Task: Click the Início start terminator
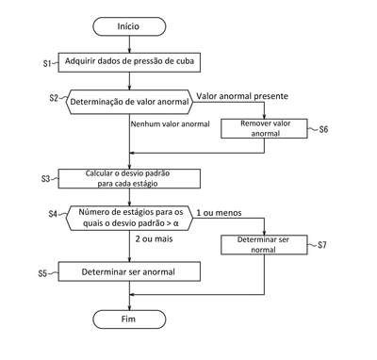point(129,26)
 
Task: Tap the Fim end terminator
point(129,319)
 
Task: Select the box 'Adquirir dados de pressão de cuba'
point(129,62)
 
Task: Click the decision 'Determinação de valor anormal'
point(129,102)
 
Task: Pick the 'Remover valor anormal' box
point(264,128)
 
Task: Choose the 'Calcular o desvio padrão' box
point(129,179)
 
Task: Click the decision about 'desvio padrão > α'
point(129,218)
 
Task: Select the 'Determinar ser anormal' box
point(129,271)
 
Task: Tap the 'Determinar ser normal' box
point(264,245)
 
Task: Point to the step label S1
point(47,63)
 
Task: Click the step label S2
point(54,98)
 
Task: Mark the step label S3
point(46,179)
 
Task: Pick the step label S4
point(53,214)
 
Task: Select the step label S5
point(42,273)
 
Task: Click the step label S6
point(323,129)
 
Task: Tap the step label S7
point(322,245)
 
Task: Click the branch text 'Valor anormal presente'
point(242,96)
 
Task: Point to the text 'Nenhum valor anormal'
point(171,124)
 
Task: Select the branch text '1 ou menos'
point(219,213)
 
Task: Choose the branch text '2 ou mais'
point(154,239)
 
